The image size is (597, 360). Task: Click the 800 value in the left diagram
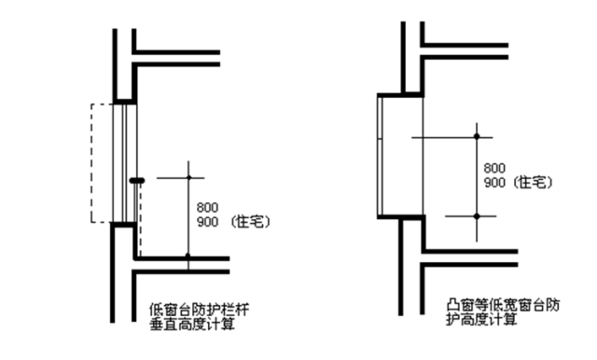[207, 207]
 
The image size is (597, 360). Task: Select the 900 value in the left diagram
[207, 222]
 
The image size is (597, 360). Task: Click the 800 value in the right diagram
[495, 168]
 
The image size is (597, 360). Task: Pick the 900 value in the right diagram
[495, 183]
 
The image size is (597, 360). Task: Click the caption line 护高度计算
[478, 320]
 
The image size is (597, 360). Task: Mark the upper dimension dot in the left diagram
[187, 177]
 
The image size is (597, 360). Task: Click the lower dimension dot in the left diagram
[187, 256]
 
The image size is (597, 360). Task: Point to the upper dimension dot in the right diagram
[476, 137]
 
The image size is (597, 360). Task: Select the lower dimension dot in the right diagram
[476, 215]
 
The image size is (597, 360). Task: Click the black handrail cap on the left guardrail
[137, 179]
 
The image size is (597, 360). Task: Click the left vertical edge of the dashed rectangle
[90, 163]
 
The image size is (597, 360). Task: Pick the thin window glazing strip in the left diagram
[124, 163]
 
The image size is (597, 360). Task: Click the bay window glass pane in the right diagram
[378, 154]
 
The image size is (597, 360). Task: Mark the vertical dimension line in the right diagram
[476, 176]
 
